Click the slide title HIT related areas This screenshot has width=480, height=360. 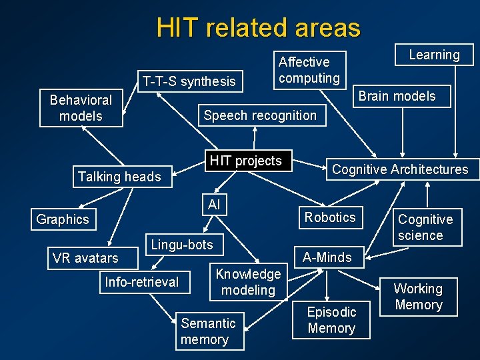pyautogui.click(x=258, y=28)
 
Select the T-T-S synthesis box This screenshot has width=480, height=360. pyautogui.click(x=189, y=81)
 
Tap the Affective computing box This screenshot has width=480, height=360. pyautogui.click(x=309, y=70)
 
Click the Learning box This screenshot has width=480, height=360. pyautogui.click(x=434, y=55)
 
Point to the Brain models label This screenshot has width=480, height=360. pyautogui.click(x=397, y=96)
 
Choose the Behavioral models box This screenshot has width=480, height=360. pyautogui.click(x=81, y=108)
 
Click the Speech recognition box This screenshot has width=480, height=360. pyautogui.click(x=260, y=115)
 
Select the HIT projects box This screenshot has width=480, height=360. pyautogui.click(x=246, y=161)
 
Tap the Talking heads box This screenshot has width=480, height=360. pyautogui.click(x=119, y=177)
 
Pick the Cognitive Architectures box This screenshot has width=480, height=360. pyautogui.click(x=400, y=169)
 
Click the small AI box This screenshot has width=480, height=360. pyautogui.click(x=214, y=205)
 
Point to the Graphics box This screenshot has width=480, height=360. pyautogui.click(x=63, y=219)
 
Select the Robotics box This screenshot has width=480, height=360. pyautogui.click(x=330, y=217)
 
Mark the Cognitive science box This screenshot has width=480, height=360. pyautogui.click(x=425, y=227)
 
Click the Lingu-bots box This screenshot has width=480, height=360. pyautogui.click(x=182, y=245)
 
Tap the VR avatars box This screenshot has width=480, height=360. pyautogui.click(x=85, y=258)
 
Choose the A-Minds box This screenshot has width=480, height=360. pyautogui.click(x=327, y=257)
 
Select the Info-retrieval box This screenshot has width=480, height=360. pyautogui.click(x=142, y=282)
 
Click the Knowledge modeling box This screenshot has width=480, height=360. pyautogui.click(x=248, y=282)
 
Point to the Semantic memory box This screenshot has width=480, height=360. pyautogui.click(x=208, y=331)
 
